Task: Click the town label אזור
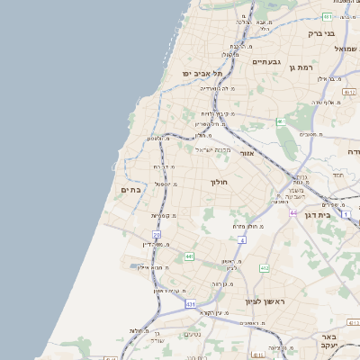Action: (x=247, y=153)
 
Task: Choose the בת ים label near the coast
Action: (x=130, y=190)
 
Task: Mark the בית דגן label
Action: (x=338, y=215)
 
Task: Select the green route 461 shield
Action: (x=281, y=121)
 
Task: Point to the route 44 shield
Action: (x=293, y=211)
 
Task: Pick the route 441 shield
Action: (x=189, y=256)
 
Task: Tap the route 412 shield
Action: (x=264, y=268)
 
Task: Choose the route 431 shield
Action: (x=191, y=305)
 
